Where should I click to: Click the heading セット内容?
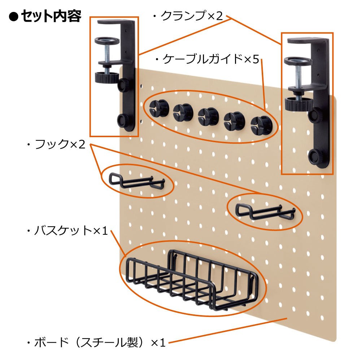click(51, 16)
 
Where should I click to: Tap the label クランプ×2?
click(192, 16)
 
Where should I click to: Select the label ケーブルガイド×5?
click(211, 59)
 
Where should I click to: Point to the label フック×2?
click(60, 144)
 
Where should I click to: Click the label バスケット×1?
click(71, 230)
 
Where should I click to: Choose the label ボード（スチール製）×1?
click(100, 342)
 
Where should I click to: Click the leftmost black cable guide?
click(159, 108)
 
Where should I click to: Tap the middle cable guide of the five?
click(208, 116)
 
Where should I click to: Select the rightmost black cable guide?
click(261, 126)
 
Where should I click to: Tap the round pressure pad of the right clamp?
click(298, 61)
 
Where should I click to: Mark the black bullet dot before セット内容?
click(13, 17)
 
